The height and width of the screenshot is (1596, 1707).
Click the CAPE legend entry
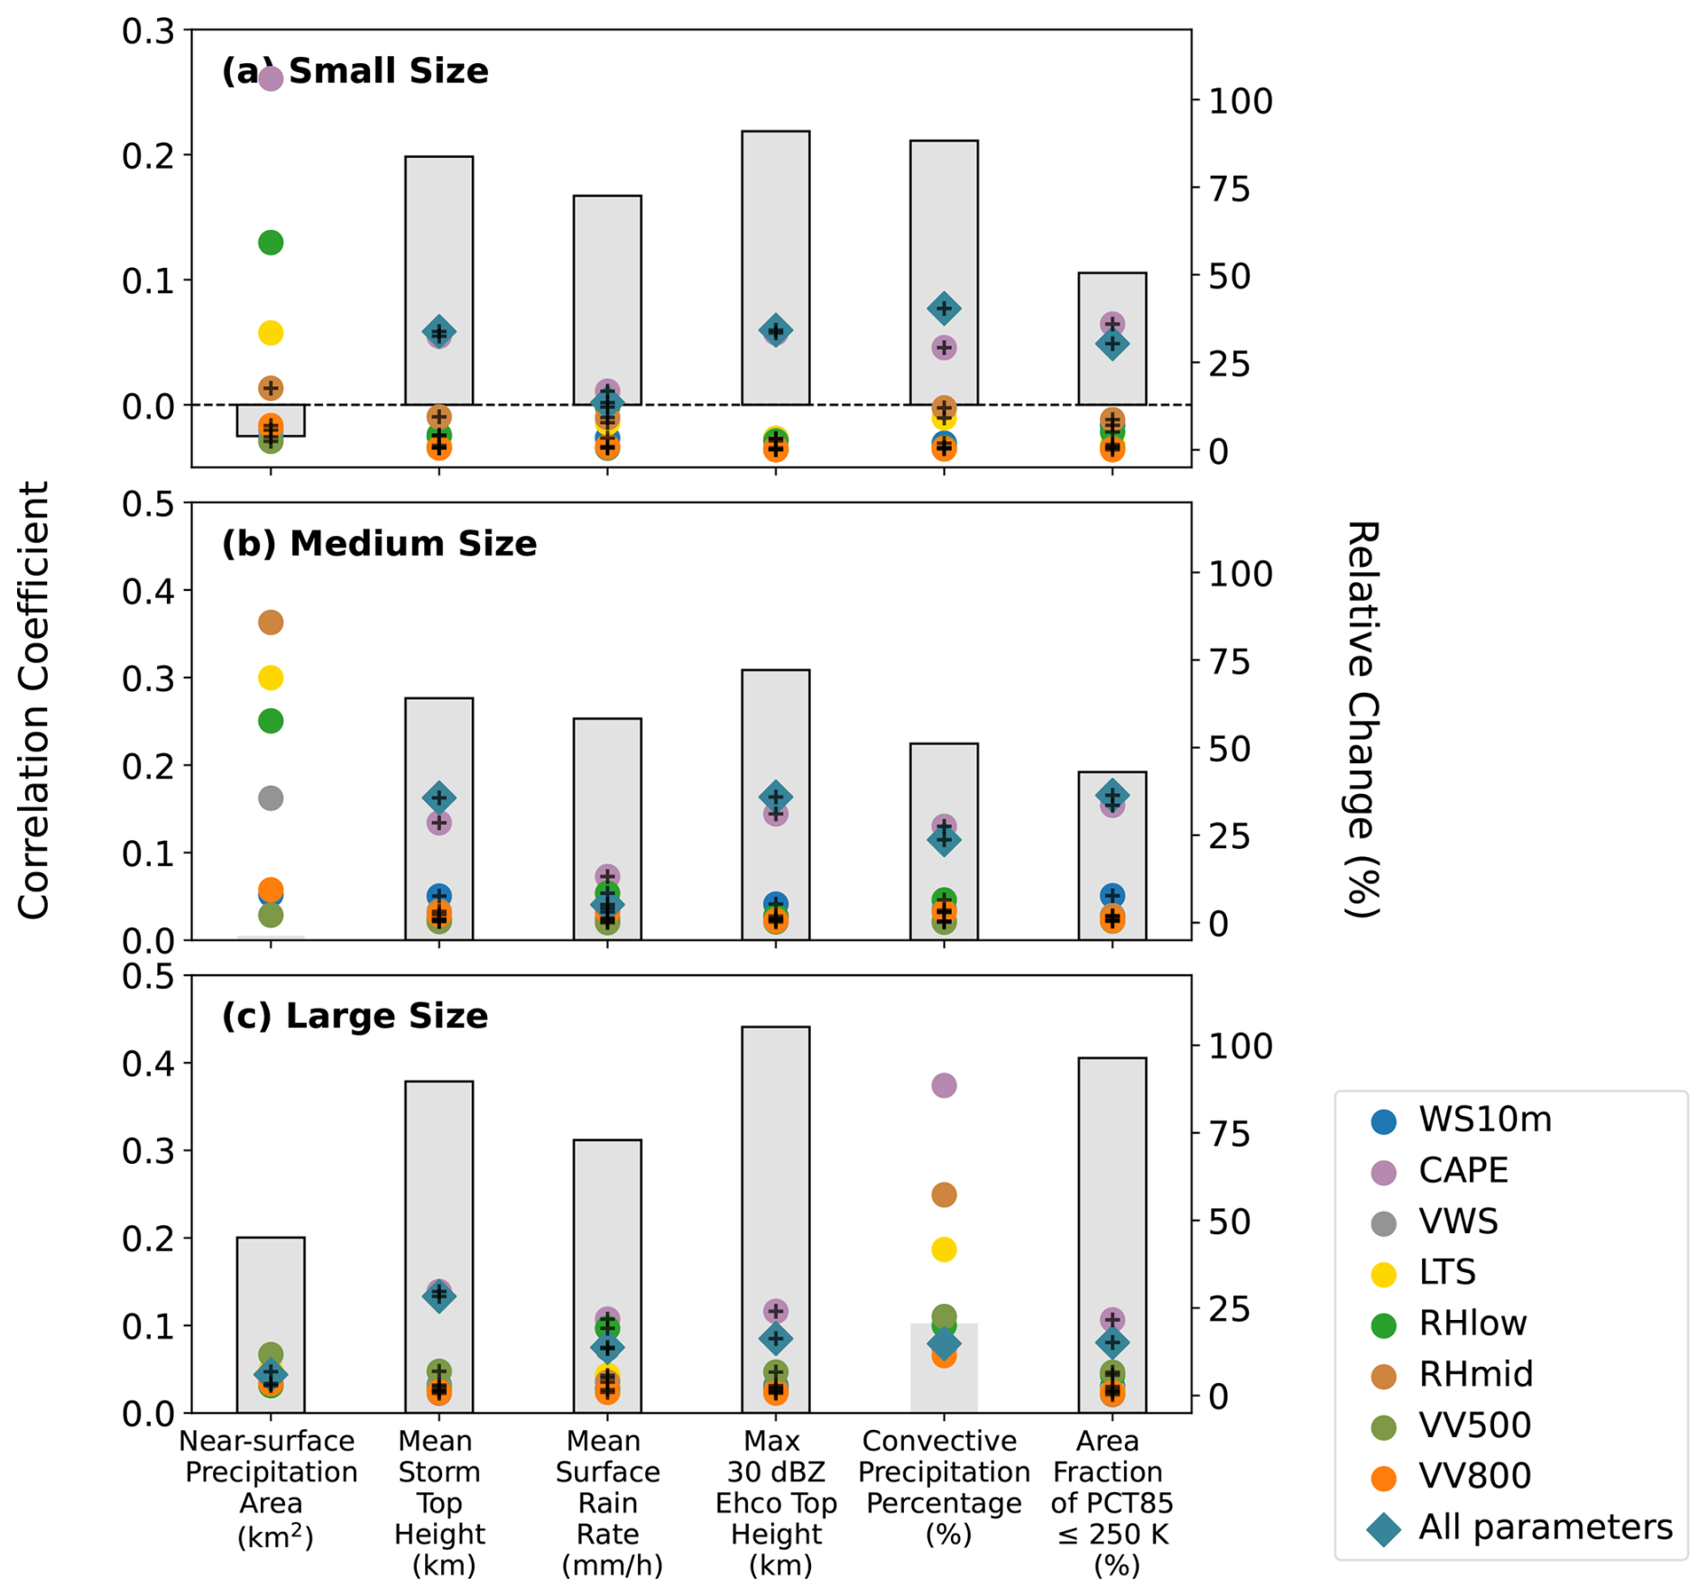(1462, 1170)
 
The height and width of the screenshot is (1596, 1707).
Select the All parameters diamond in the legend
(1383, 1528)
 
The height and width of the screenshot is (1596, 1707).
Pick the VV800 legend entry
(1473, 1476)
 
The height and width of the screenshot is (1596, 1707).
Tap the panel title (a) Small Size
(355, 71)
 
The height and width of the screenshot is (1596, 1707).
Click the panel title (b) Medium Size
(379, 544)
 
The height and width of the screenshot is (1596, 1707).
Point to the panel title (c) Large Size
(355, 1016)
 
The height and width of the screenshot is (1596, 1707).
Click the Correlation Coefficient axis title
(34, 700)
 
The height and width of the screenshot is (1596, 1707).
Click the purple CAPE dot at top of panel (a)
(271, 79)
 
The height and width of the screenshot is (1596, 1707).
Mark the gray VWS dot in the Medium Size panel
(271, 798)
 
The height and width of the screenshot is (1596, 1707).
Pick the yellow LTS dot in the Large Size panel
(944, 1250)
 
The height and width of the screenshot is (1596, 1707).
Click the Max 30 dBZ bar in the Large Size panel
(776, 1173)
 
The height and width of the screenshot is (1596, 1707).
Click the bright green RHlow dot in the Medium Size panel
(271, 721)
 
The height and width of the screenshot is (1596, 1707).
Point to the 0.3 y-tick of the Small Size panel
(148, 32)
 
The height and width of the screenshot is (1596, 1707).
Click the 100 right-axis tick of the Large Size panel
(1241, 1046)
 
